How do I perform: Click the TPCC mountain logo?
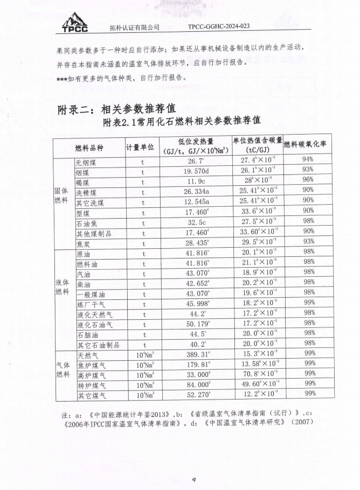tap(75, 22)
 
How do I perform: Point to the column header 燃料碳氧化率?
tap(308, 144)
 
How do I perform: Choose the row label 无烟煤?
tap(86, 162)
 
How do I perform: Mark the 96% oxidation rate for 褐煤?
tap(308, 181)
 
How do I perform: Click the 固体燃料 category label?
tap(63, 197)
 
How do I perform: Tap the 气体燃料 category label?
tap(63, 370)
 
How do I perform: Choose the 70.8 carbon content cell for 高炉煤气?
tap(257, 375)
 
